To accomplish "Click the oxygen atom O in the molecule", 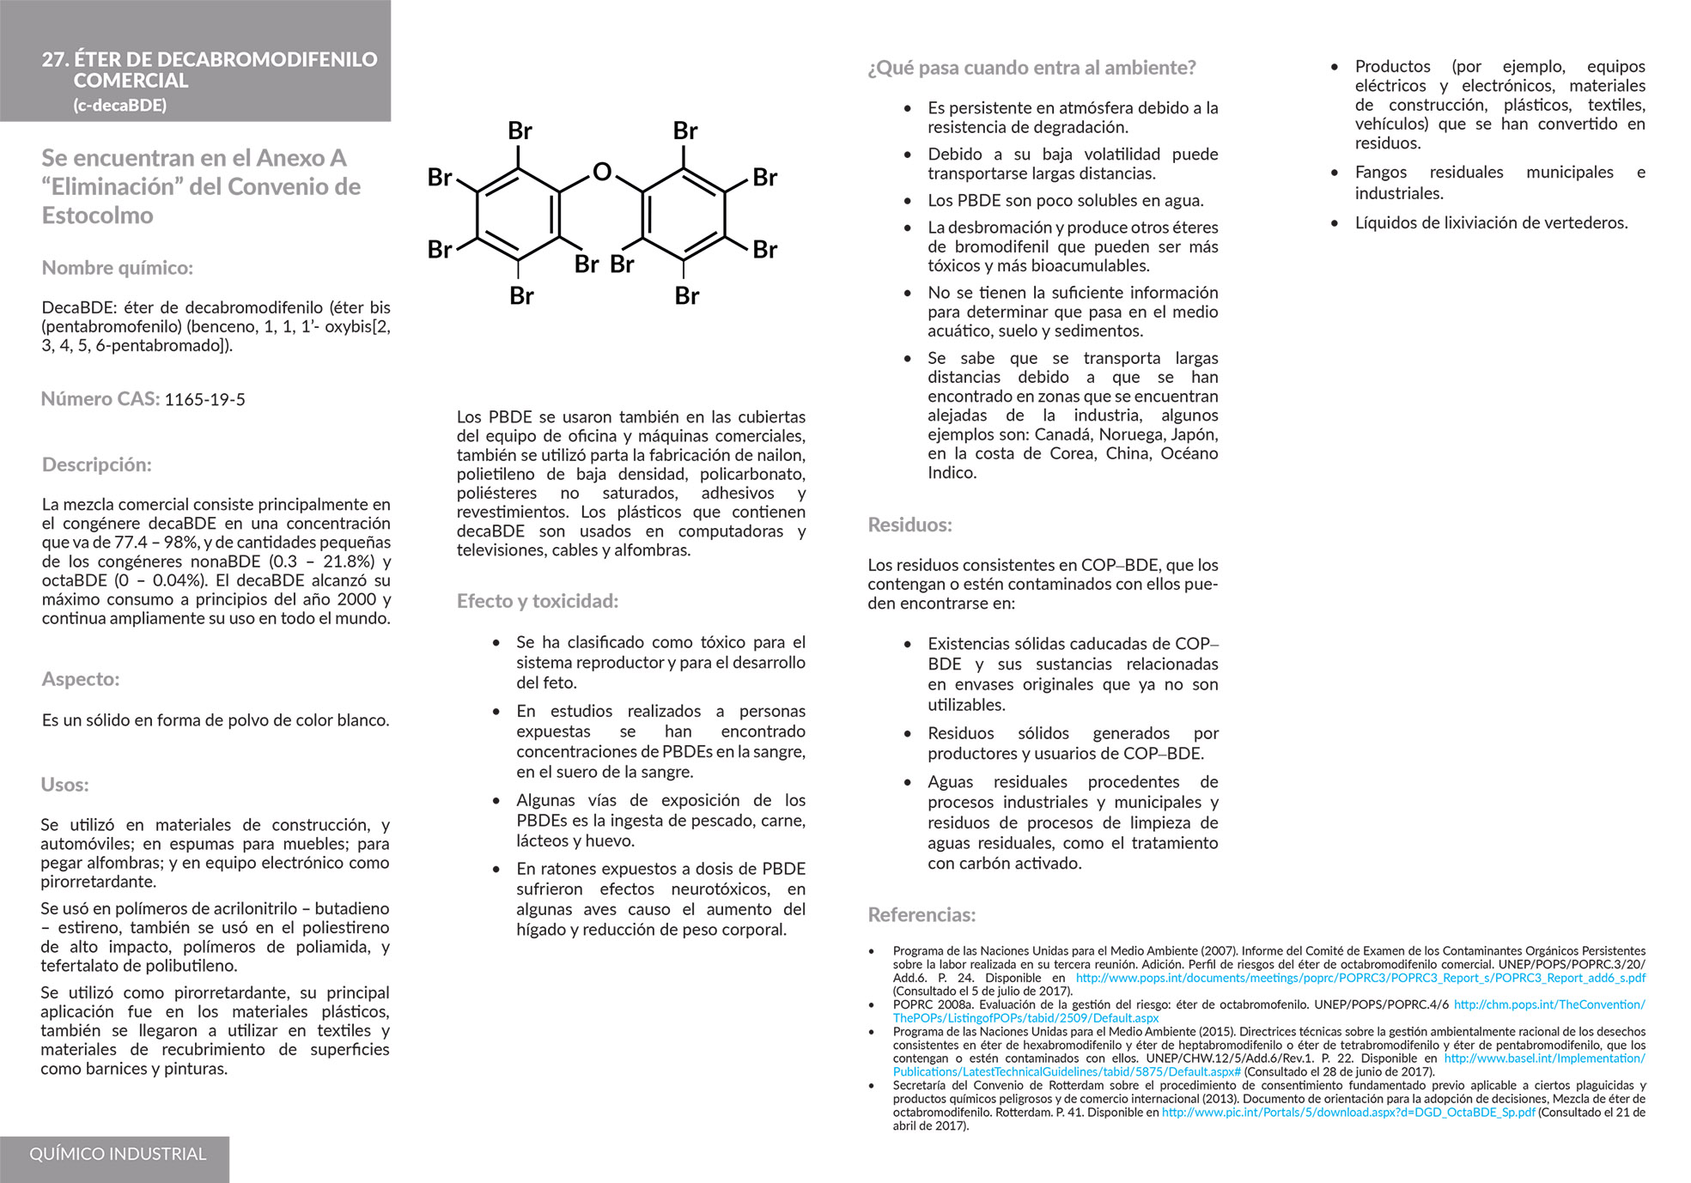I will pos(602,173).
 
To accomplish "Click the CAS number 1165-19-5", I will pos(204,399).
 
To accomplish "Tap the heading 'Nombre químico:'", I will pos(118,268).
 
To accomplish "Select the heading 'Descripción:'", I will pos(97,464).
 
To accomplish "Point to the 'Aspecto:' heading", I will pos(81,679).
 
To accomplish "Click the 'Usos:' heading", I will pos(65,785).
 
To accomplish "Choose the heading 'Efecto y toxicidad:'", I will pos(538,601).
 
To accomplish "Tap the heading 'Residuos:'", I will pos(909,525).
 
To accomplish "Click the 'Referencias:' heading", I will pos(922,915).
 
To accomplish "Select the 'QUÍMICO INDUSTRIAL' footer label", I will pos(118,1154).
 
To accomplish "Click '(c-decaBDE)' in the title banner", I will pos(120,106).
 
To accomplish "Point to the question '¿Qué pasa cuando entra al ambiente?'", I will pos(1031,68).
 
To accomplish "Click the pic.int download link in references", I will pos(1348,1113).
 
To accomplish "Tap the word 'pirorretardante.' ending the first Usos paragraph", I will pos(99,882).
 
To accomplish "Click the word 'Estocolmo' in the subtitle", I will pos(98,215).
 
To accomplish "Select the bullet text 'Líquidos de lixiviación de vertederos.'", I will pos(1491,223).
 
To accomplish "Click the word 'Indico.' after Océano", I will pos(952,473).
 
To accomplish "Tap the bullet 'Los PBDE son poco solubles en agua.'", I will pos(1065,201).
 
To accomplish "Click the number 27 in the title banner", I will pos(54,59).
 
